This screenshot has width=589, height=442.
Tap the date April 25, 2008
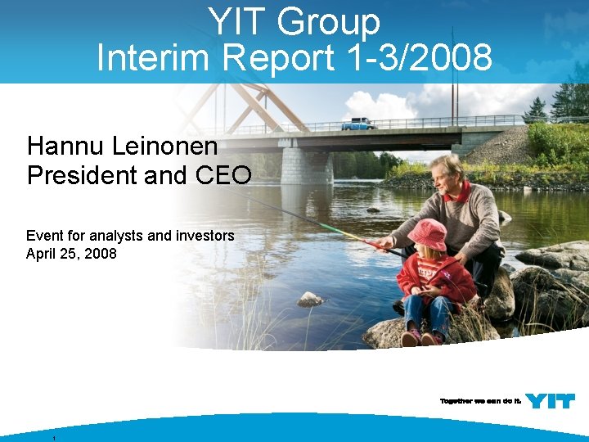pos(72,254)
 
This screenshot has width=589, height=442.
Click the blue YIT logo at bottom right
pos(550,400)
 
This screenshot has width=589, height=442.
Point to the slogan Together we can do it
pos(480,401)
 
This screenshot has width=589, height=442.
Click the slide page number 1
pos(53,439)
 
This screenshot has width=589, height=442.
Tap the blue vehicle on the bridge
pos(358,124)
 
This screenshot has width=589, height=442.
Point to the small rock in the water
pos(309,300)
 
